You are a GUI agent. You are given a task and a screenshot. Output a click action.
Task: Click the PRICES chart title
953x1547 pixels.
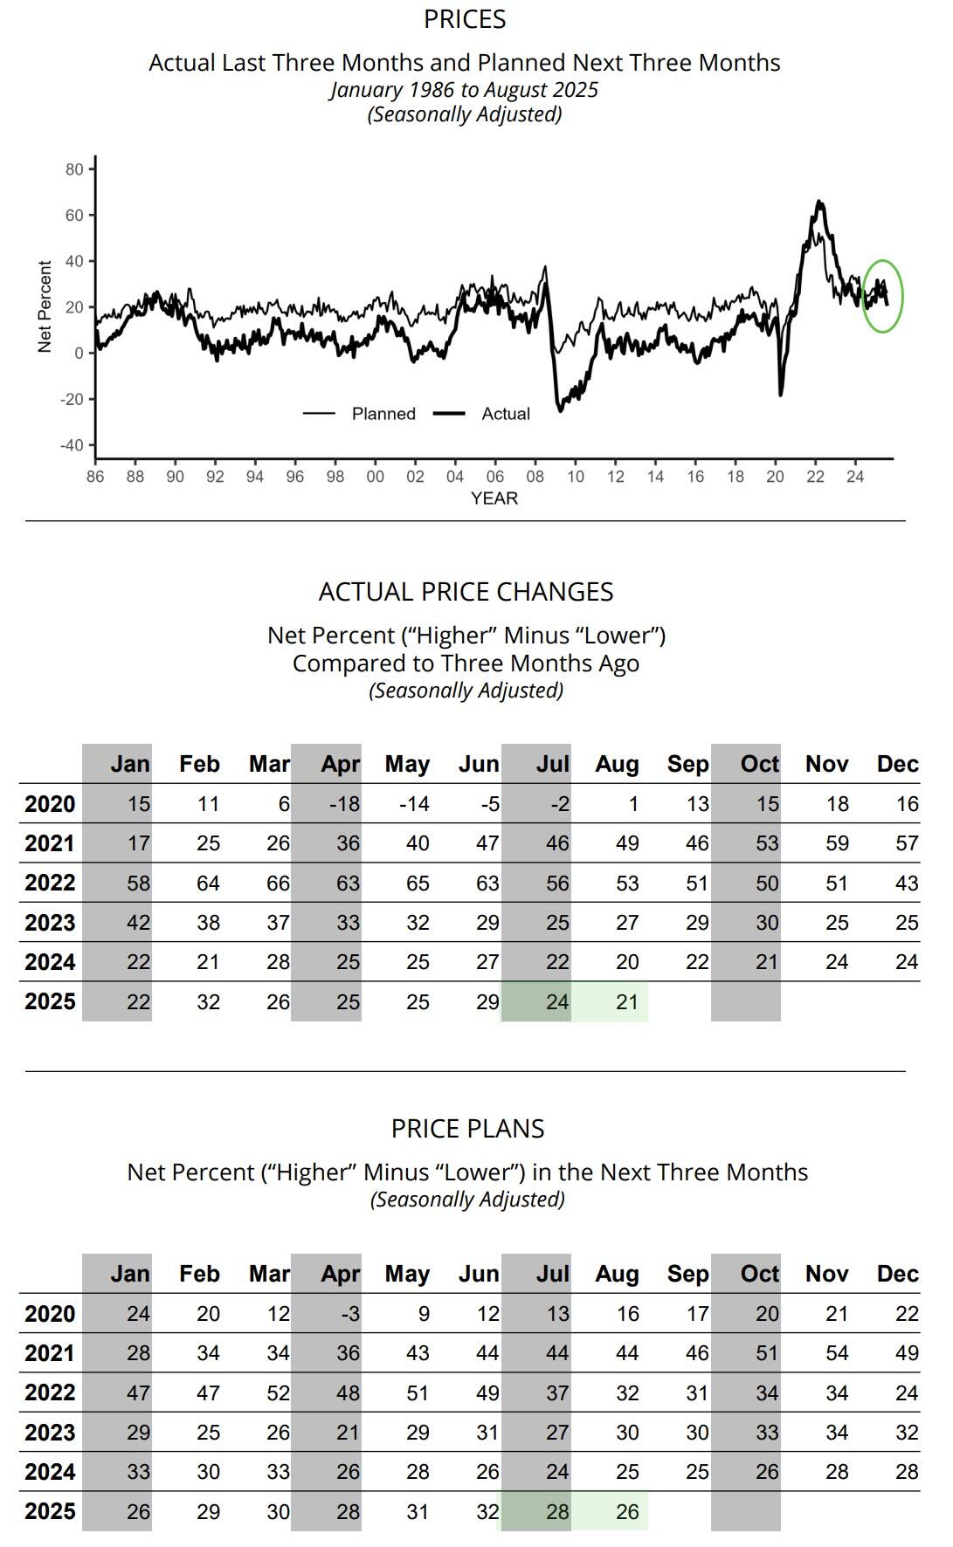tap(465, 19)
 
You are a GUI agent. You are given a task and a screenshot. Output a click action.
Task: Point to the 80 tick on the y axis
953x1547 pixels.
tap(74, 169)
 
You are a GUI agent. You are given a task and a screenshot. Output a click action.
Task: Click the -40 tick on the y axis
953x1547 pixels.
tap(72, 445)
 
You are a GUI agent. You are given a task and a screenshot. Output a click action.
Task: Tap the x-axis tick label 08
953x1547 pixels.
tap(535, 477)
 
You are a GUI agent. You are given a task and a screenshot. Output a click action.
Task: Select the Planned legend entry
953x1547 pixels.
tap(383, 414)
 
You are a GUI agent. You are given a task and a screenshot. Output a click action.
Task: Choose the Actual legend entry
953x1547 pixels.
tap(506, 414)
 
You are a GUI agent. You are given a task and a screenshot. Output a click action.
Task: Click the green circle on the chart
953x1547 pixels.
tap(882, 296)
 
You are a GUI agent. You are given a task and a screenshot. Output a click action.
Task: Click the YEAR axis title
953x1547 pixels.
tap(494, 498)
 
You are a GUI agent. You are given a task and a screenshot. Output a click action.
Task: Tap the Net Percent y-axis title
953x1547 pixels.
tap(45, 306)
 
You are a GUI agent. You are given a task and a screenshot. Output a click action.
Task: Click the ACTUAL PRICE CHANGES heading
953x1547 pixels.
tap(466, 592)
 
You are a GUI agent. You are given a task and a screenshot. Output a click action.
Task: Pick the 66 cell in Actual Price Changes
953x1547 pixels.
tap(278, 884)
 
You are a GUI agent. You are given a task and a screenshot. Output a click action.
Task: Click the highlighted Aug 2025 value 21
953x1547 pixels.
tap(626, 1002)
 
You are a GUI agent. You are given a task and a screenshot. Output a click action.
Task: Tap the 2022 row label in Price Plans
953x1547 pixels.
tap(50, 1393)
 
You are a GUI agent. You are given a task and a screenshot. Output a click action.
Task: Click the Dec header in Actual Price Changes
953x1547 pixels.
tap(897, 764)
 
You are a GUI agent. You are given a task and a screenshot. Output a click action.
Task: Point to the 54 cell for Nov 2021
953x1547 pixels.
tap(836, 1353)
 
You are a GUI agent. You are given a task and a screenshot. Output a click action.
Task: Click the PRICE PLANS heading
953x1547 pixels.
tap(467, 1129)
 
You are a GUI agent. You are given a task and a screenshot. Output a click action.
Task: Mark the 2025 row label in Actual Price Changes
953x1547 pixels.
tap(50, 1002)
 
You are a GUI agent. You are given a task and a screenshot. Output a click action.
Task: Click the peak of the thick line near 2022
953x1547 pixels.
tap(818, 203)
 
